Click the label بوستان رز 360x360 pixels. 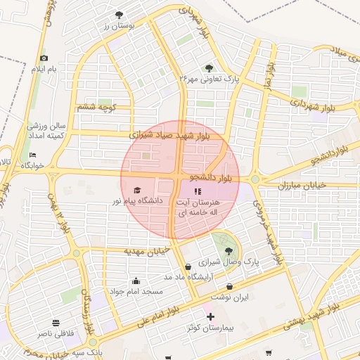point(117,25)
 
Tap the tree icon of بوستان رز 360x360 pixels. point(118,14)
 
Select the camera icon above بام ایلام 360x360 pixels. point(44,58)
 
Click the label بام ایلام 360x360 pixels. point(43,69)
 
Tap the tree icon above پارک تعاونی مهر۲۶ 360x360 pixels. point(209,68)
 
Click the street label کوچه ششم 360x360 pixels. point(97,107)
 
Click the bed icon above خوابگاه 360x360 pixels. point(32,155)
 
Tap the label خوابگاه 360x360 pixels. point(32,165)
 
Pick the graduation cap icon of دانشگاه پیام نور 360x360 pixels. point(137,191)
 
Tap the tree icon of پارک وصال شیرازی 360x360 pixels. point(228,250)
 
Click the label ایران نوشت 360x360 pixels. point(231,297)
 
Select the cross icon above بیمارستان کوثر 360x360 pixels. point(210,317)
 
